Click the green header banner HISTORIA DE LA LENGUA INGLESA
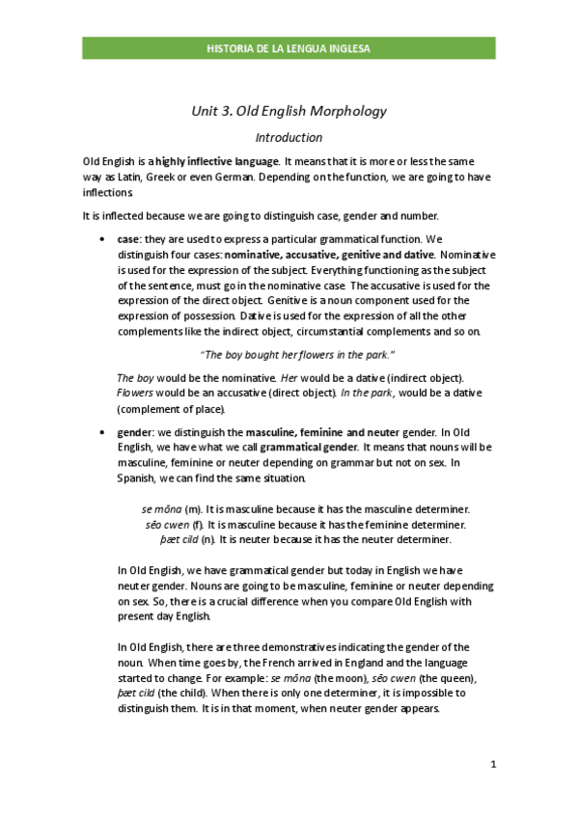[x=289, y=48]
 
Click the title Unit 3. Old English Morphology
[x=289, y=111]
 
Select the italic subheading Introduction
[x=289, y=138]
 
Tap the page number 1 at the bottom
[x=492, y=765]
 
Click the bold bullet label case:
[x=129, y=239]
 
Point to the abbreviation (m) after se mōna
[x=194, y=508]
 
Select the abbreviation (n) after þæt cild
[x=207, y=539]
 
